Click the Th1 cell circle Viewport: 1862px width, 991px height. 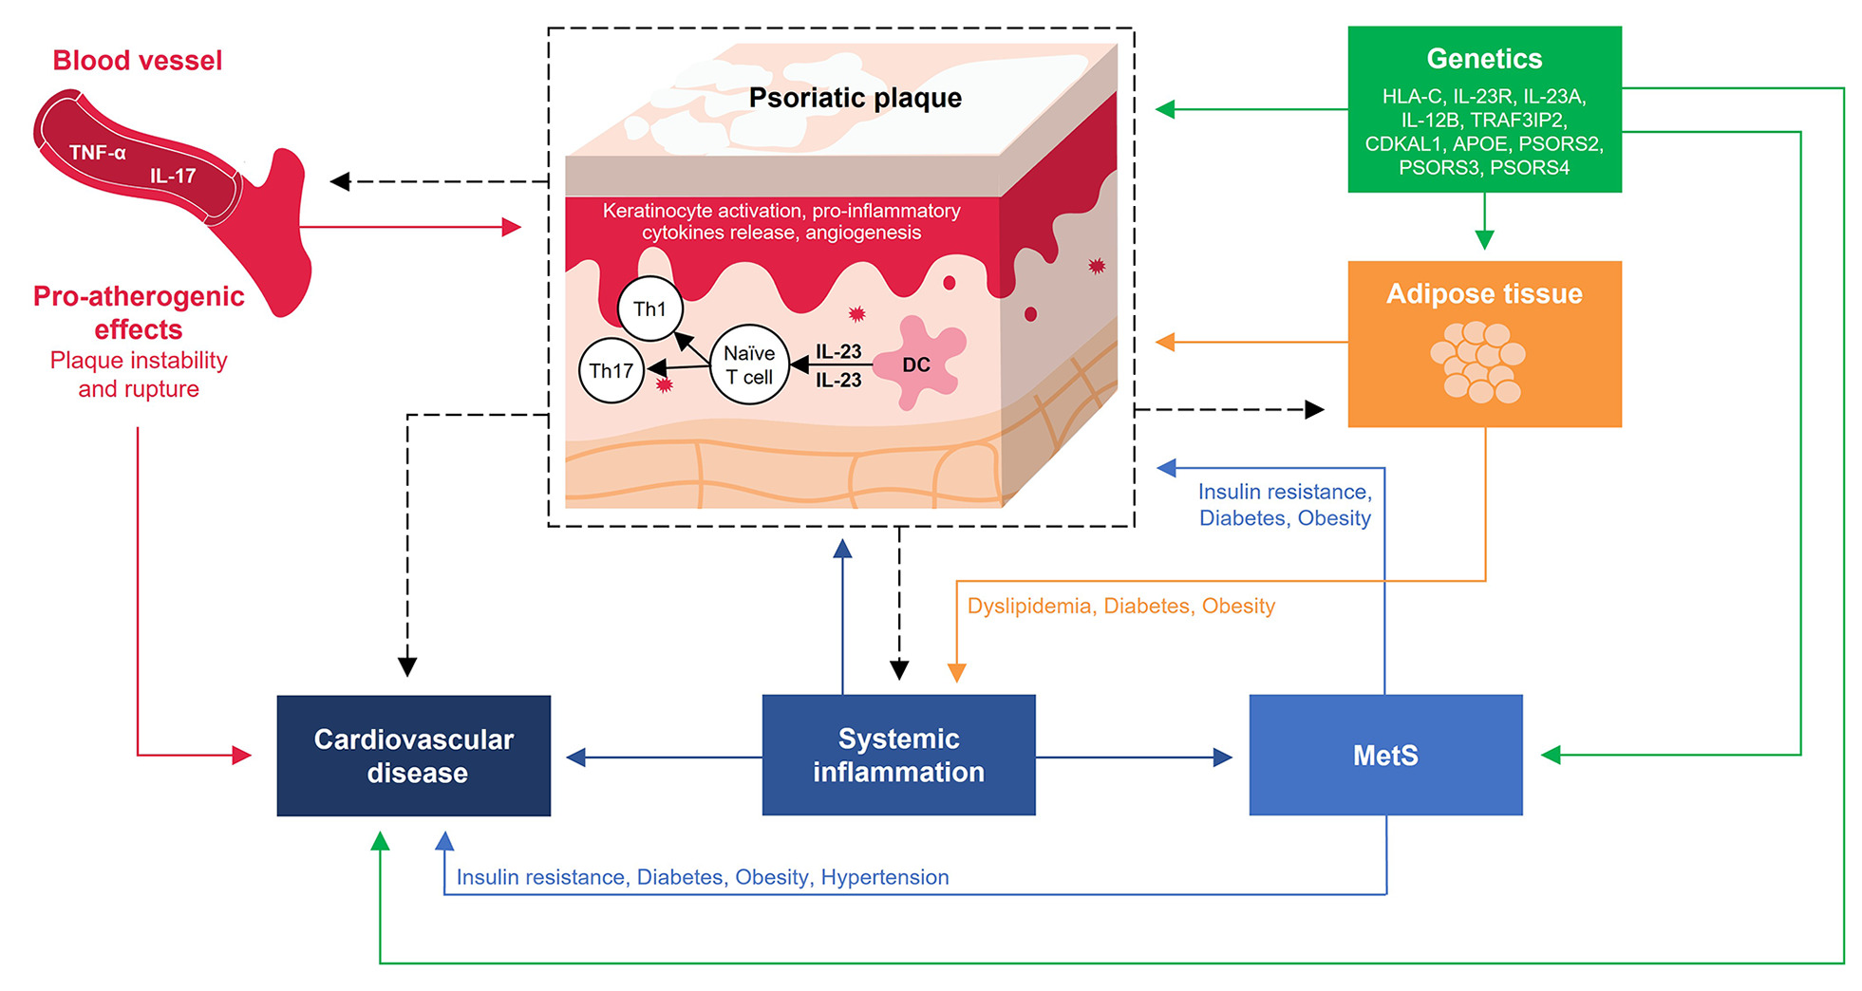point(649,309)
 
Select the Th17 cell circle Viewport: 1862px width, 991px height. point(611,370)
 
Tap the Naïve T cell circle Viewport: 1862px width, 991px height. point(749,365)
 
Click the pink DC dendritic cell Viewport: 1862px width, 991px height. point(917,363)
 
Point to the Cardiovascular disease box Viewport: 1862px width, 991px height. point(414,756)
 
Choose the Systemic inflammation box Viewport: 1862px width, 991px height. point(898,755)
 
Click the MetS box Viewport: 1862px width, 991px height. point(1385,755)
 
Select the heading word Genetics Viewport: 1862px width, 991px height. point(1484,59)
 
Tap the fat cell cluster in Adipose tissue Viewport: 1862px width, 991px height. point(1477,362)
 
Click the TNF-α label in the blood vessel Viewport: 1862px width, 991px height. point(97,152)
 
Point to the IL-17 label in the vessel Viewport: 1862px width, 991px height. point(173,176)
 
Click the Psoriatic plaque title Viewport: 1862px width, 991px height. point(855,98)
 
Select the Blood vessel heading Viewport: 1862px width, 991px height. point(138,61)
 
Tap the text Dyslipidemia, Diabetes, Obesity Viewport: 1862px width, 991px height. point(1120,606)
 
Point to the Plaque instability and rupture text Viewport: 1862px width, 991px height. point(139,375)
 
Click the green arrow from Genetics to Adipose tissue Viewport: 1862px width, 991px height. point(1485,221)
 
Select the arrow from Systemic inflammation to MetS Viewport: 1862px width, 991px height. point(1135,757)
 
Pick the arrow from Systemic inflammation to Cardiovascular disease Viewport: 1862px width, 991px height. point(664,757)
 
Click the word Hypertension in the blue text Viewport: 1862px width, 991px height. point(885,877)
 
